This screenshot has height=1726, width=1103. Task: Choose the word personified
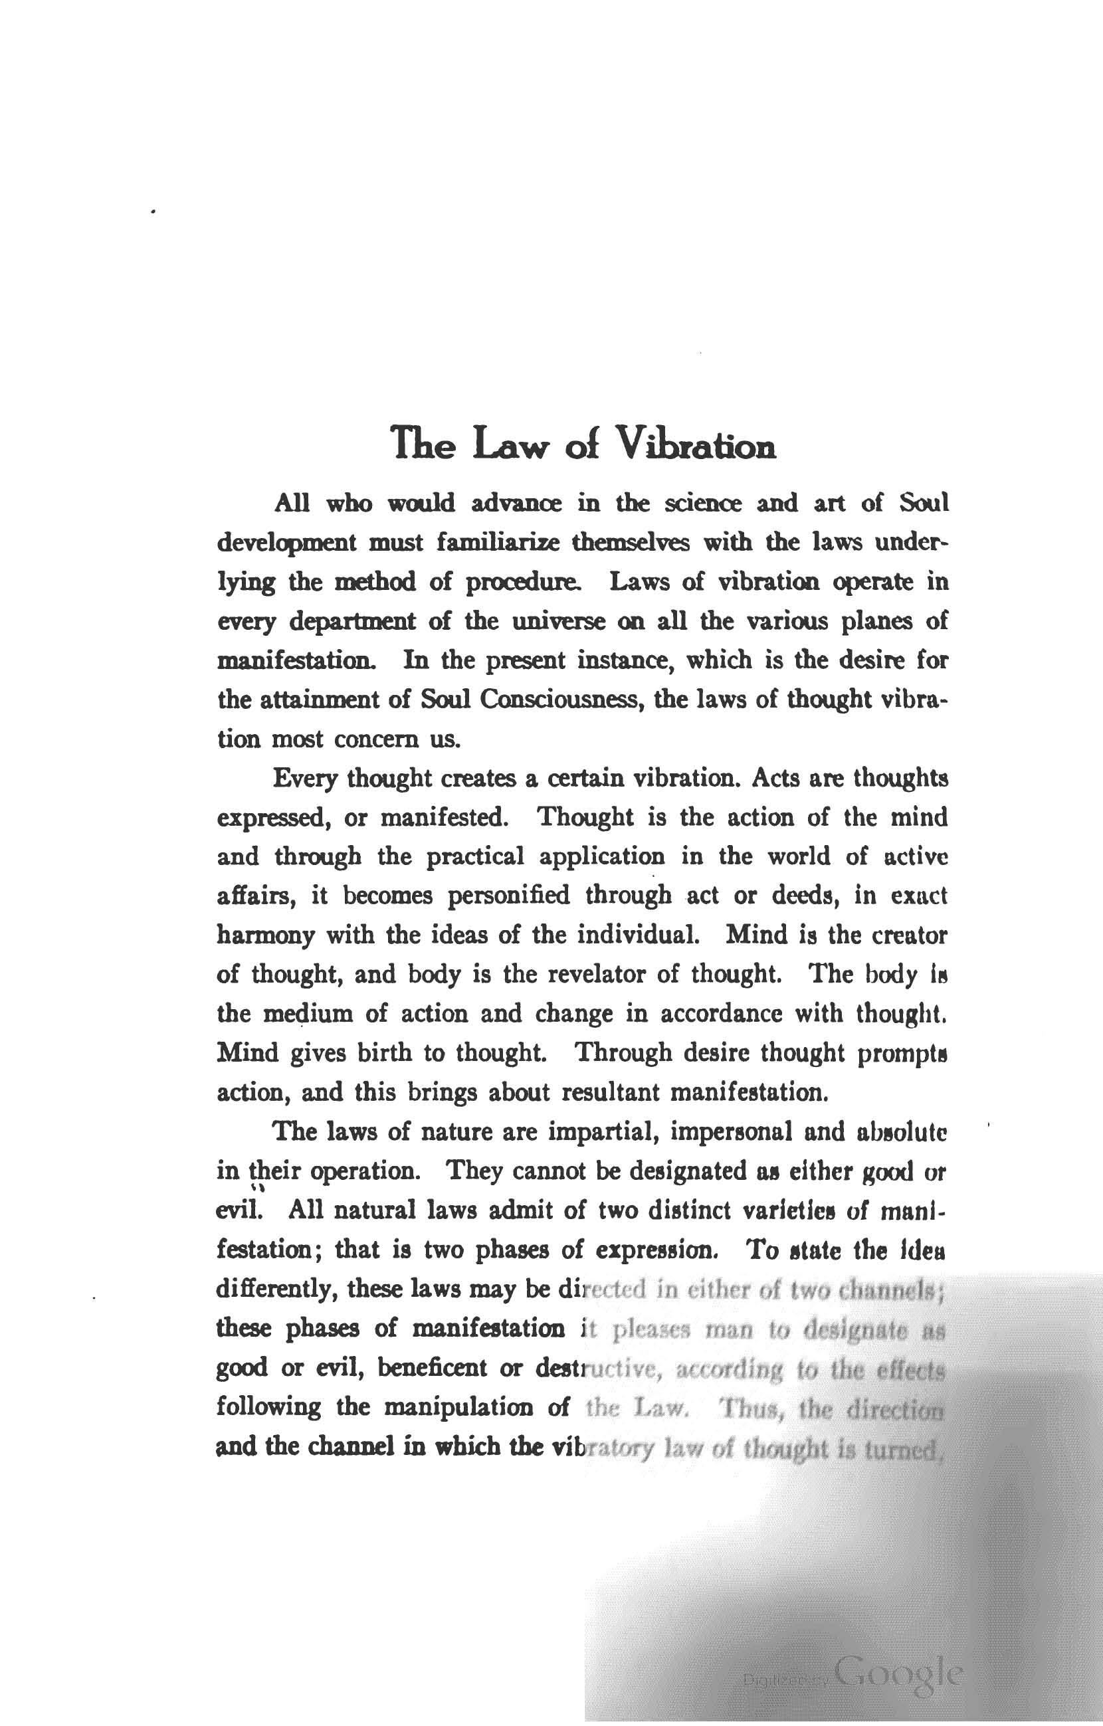[508, 896]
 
